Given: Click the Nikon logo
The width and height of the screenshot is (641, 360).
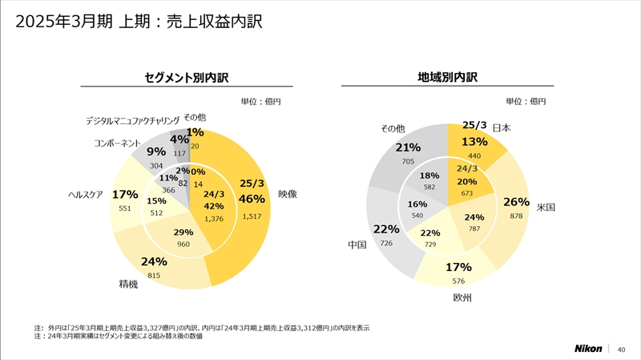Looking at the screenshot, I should (x=591, y=349).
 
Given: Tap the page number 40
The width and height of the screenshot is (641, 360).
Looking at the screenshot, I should (x=621, y=349).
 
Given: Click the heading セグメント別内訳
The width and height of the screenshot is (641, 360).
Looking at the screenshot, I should (x=186, y=78).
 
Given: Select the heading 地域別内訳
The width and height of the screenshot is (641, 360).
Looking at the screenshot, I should (x=448, y=77).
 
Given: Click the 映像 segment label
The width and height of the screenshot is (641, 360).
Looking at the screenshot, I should (x=288, y=193).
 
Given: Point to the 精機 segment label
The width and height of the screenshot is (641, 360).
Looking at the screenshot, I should (x=128, y=284).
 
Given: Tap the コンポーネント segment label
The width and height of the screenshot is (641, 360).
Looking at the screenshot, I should (x=117, y=144).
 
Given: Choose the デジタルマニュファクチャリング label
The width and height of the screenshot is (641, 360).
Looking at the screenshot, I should (x=132, y=121).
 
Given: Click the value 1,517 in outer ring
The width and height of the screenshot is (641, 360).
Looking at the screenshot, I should (x=252, y=216).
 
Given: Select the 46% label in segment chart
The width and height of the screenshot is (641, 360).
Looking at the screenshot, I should (x=252, y=199).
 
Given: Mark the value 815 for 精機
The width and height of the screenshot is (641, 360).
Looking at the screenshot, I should (x=155, y=276).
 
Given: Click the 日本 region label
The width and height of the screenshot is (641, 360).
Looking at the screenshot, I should (x=502, y=128).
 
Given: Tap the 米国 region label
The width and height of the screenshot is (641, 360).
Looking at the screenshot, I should (x=546, y=208).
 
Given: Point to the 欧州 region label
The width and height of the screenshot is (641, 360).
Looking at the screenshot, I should (x=462, y=298).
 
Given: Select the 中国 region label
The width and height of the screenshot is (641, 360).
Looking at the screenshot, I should (x=357, y=245).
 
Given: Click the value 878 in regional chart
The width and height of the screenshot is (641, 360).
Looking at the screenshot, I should (x=516, y=216).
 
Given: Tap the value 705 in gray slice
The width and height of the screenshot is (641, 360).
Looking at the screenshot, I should (x=408, y=161).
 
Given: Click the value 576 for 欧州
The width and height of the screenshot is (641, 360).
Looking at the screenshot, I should (x=458, y=281).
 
